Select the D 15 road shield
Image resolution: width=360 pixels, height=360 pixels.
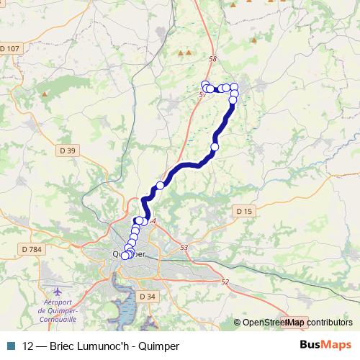[x=244, y=211]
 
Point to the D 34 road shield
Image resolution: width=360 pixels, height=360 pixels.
[x=147, y=297]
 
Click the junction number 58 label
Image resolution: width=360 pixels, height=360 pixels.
[x=211, y=60]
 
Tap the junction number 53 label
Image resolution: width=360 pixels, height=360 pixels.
[x=184, y=248]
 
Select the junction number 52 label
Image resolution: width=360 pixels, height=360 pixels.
[x=225, y=282]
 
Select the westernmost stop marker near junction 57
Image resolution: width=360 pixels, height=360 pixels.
[x=205, y=84]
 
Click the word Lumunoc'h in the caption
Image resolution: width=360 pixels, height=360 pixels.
[x=107, y=346]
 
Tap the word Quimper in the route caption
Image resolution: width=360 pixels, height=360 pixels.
[x=158, y=346]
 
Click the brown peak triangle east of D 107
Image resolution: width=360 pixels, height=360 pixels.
[x=45, y=93]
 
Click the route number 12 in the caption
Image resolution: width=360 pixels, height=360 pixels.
[x=28, y=346]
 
